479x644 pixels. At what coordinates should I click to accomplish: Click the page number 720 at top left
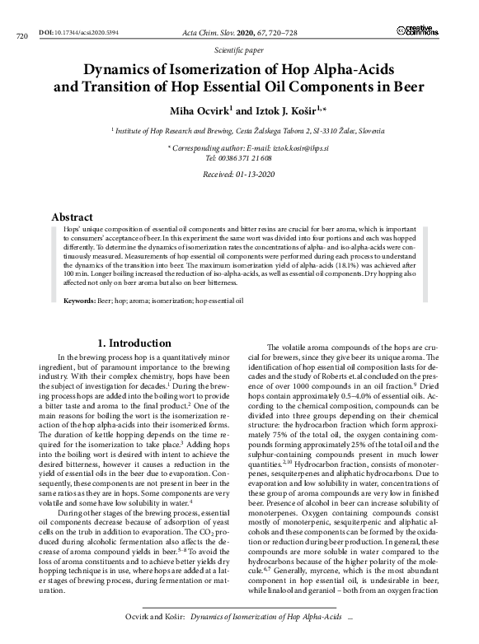pos(22,36)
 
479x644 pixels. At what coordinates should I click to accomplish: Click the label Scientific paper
pos(238,50)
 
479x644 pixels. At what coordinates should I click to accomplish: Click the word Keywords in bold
pos(80,301)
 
